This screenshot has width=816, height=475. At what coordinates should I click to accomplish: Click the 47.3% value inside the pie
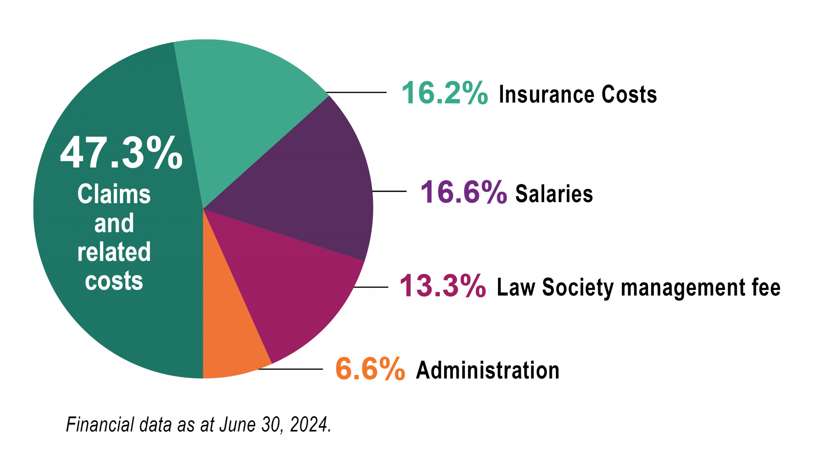pyautogui.click(x=121, y=153)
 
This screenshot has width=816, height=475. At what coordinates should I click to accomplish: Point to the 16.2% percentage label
pyautogui.click(x=444, y=93)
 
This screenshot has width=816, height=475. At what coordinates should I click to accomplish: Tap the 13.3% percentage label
pyautogui.click(x=442, y=286)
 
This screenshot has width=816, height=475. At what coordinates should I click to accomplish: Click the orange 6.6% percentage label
pyautogui.click(x=370, y=369)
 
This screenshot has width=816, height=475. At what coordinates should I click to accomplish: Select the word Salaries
pyautogui.click(x=554, y=194)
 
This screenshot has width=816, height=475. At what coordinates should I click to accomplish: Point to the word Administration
pyautogui.click(x=488, y=370)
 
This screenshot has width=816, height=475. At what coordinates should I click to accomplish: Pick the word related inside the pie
pyautogui.click(x=114, y=252)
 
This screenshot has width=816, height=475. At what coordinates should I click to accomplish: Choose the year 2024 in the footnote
pyautogui.click(x=309, y=424)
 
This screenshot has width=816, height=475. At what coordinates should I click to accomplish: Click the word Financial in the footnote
pyautogui.click(x=100, y=424)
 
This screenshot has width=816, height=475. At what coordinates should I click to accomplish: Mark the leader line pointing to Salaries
pyautogui.click(x=389, y=191)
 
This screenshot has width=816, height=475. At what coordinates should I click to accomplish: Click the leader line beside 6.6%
pyautogui.click(x=291, y=369)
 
